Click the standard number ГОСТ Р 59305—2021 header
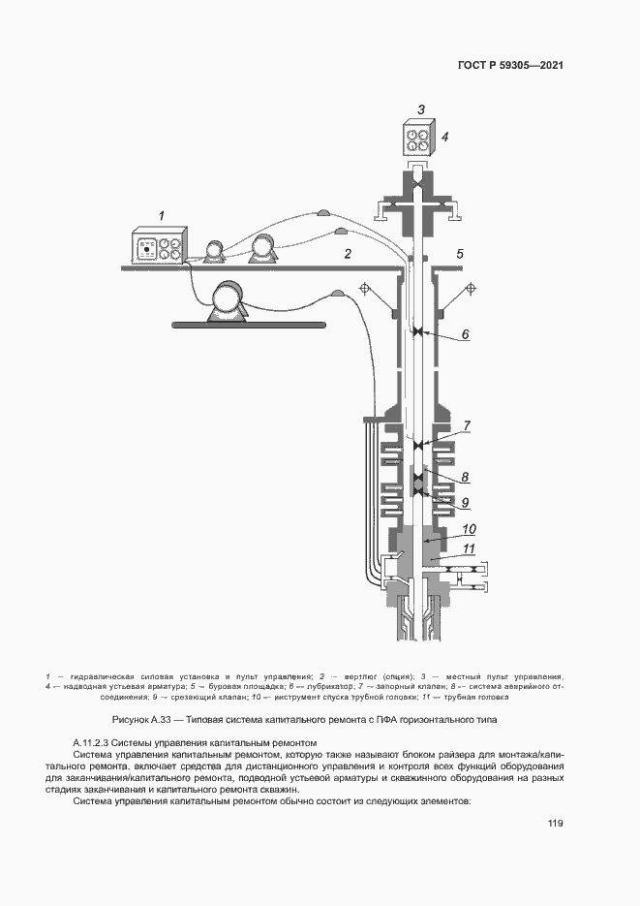click(510, 66)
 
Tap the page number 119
click(555, 824)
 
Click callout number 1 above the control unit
click(162, 214)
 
